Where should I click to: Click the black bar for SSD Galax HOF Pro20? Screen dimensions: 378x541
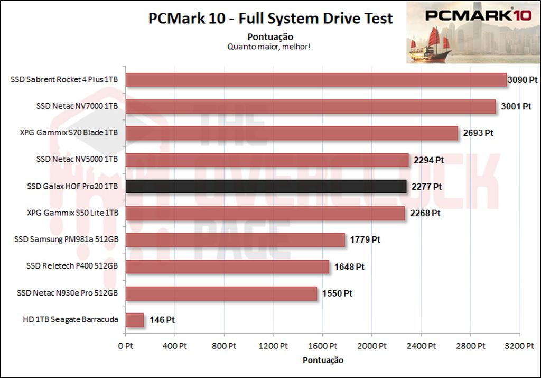point(266,187)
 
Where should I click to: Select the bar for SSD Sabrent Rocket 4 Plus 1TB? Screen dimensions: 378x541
point(315,80)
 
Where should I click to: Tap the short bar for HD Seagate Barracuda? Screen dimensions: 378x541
point(134,320)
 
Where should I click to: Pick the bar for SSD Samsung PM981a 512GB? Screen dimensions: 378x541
point(235,240)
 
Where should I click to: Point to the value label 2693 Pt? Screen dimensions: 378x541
point(478,133)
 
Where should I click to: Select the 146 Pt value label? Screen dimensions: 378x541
point(162,320)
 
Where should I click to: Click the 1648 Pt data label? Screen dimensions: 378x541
point(349,267)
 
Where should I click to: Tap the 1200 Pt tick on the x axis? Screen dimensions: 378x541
point(273,346)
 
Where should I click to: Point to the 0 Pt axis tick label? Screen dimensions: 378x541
point(125,346)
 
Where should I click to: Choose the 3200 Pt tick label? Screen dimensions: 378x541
point(519,346)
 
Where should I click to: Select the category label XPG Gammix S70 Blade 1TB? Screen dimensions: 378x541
point(69,133)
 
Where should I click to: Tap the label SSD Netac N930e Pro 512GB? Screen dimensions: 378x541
point(67,293)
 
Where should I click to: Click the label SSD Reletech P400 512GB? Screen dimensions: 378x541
point(72,266)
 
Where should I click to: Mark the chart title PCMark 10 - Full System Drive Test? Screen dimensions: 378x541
point(270,19)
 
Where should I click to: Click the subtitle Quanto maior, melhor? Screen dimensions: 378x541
point(269,47)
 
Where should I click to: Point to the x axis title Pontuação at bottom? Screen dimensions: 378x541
point(323,361)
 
